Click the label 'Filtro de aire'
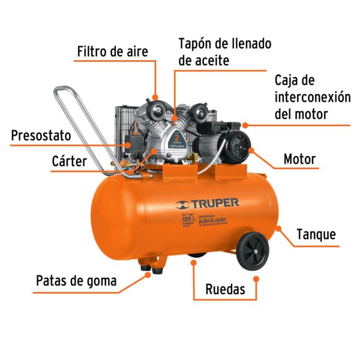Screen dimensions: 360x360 [x=112, y=51]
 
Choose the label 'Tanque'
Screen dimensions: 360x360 [x=316, y=234]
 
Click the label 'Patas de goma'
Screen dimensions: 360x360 [x=76, y=280]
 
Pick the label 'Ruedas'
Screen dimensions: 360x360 [x=225, y=289]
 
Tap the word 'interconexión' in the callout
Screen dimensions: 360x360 [x=312, y=97]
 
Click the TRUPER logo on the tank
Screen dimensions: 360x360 [x=207, y=204]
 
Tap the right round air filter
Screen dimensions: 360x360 [x=196, y=112]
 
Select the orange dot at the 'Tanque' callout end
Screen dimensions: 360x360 [x=278, y=227]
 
